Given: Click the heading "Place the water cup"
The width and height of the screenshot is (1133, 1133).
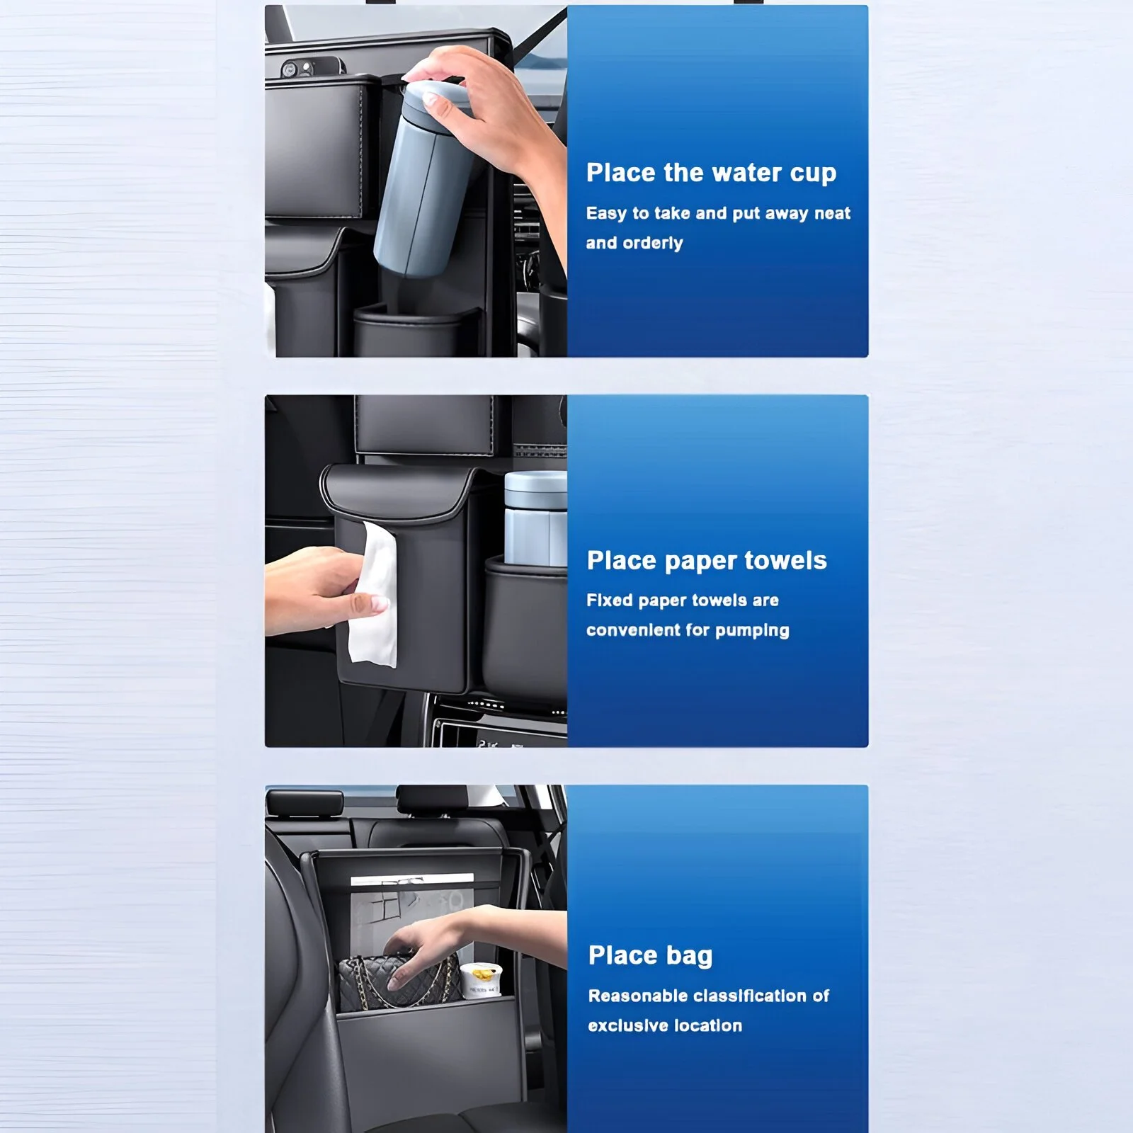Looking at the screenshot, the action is tap(711, 173).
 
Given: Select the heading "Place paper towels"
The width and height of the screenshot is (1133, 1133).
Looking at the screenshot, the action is tap(707, 561).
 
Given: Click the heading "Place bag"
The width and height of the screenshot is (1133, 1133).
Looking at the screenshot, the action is tap(650, 955).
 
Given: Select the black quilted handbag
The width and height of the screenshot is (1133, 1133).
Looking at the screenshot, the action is tap(397, 983).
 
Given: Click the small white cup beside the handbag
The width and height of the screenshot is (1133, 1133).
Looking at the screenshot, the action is tap(481, 981).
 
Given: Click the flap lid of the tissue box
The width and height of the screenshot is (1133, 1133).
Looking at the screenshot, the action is tap(397, 489).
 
